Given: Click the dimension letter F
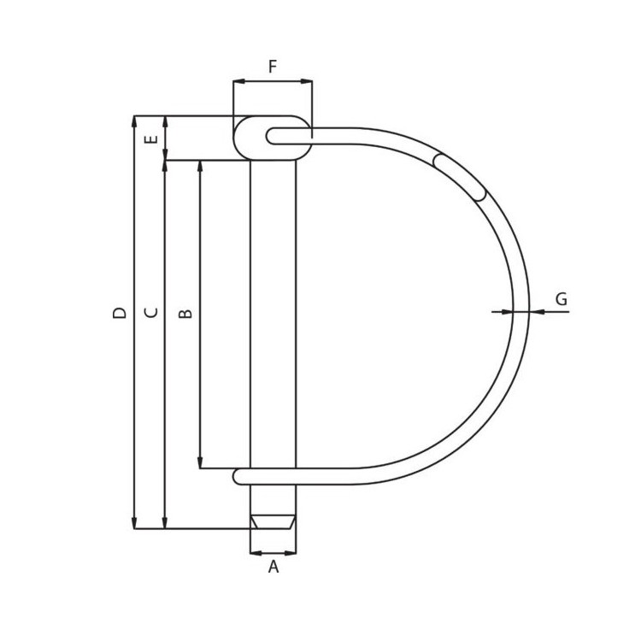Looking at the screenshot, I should pyautogui.click(x=273, y=68).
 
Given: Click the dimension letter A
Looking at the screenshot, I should pyautogui.click(x=273, y=567).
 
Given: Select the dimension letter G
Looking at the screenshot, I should pyautogui.click(x=561, y=300).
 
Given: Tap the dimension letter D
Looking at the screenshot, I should pyautogui.click(x=121, y=313).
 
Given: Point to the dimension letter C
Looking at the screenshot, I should pyautogui.click(x=152, y=313).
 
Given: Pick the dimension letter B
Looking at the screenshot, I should pyautogui.click(x=186, y=314).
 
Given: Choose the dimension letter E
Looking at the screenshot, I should pyautogui.click(x=152, y=138).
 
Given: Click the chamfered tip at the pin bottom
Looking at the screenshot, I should pyautogui.click(x=273, y=521).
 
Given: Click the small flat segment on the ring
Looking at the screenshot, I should pyautogui.click(x=460, y=177).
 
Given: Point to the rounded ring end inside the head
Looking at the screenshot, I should pyautogui.click(x=273, y=136).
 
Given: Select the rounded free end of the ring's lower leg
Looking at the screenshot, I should pyautogui.click(x=240, y=476).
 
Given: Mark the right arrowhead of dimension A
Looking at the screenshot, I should pyautogui.click(x=291, y=553).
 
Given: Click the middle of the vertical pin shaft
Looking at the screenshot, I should pyautogui.click(x=273, y=316).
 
